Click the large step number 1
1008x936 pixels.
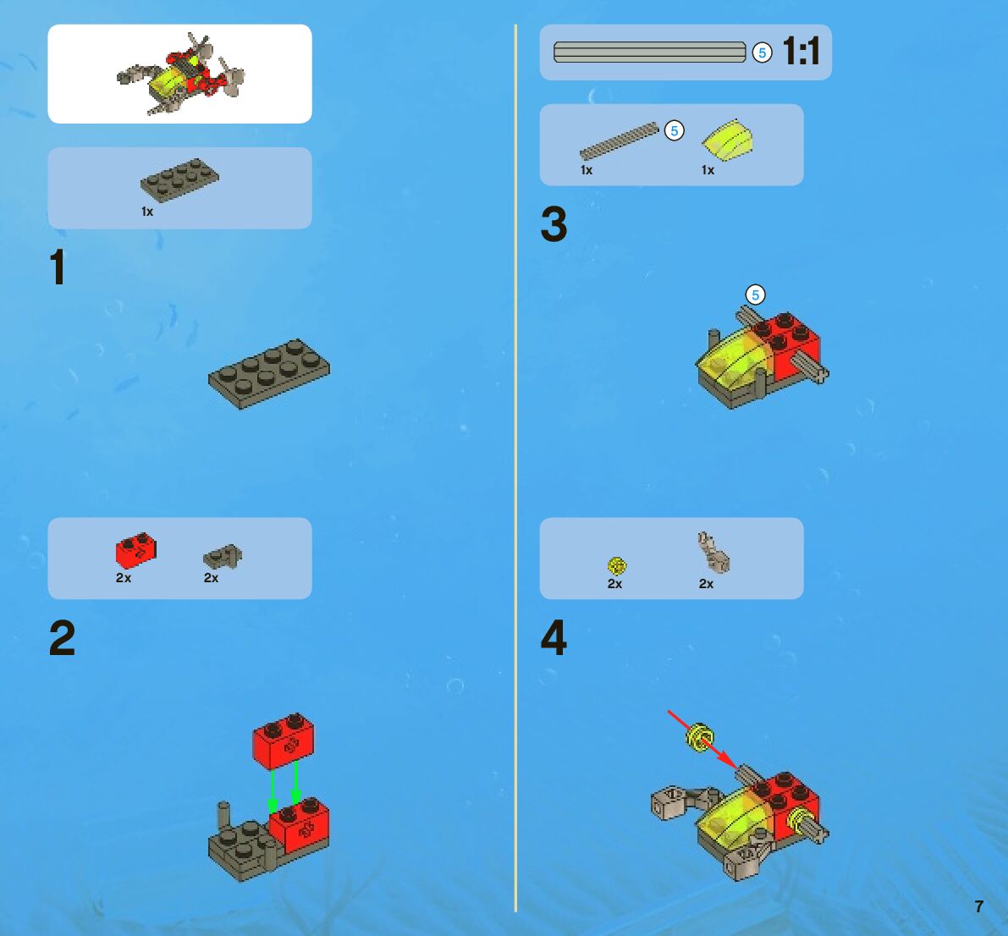[x=58, y=267]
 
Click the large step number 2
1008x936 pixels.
[x=63, y=638]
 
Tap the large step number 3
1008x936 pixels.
[x=554, y=223]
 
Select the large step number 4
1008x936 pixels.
[x=554, y=638]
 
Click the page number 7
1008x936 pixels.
[x=979, y=906]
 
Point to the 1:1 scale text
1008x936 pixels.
[x=801, y=51]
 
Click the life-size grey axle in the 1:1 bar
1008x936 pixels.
[x=649, y=52]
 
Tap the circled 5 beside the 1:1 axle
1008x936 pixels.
[x=762, y=52]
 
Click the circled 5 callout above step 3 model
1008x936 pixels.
[x=755, y=295]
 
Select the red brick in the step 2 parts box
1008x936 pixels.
[x=135, y=550]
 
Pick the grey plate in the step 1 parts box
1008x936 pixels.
[x=179, y=180]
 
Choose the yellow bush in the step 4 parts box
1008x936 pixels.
[x=616, y=565]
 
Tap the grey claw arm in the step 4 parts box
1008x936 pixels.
[x=713, y=553]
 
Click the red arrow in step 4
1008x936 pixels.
[x=703, y=740]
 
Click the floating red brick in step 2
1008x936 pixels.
[x=284, y=741]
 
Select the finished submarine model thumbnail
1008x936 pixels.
[x=180, y=74]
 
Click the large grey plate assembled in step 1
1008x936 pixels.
[x=268, y=373]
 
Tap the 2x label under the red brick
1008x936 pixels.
[x=124, y=578]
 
